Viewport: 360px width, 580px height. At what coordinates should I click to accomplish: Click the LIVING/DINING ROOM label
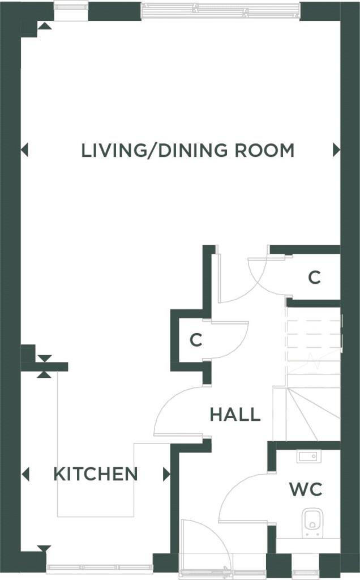coord(188,150)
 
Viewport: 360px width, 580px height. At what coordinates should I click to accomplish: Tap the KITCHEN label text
coord(96,474)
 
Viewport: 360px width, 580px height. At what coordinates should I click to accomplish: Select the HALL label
coord(235,415)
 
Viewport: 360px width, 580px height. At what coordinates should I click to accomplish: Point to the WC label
coord(306,489)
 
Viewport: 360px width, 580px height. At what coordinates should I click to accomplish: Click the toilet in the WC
coord(312,522)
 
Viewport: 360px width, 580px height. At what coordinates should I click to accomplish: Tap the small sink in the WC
coord(309,457)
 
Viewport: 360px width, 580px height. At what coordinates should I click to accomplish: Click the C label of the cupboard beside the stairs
coord(315,277)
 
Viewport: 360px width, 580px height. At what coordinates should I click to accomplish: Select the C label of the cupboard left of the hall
coord(196,340)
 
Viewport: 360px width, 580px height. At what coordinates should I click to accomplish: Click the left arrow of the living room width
coord(24,150)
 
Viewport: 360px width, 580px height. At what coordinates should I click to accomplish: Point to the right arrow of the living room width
coord(336,150)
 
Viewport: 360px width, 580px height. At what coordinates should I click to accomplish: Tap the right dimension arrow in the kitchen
coord(166,474)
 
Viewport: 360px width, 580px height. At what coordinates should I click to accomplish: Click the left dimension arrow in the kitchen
coord(25,474)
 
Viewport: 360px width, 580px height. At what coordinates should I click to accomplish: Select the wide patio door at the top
coord(221,10)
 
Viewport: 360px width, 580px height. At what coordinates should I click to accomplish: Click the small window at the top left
coord(71,10)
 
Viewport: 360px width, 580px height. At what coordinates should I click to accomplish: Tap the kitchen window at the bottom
coord(100,567)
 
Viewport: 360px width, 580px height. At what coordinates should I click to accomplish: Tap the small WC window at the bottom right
coord(305,566)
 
